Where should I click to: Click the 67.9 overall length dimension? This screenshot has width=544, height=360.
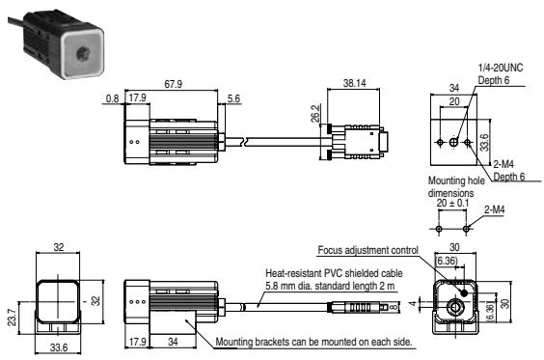(175, 85)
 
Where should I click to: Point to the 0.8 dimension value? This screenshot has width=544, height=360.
(111, 97)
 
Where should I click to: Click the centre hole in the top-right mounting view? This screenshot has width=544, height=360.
(452, 142)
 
